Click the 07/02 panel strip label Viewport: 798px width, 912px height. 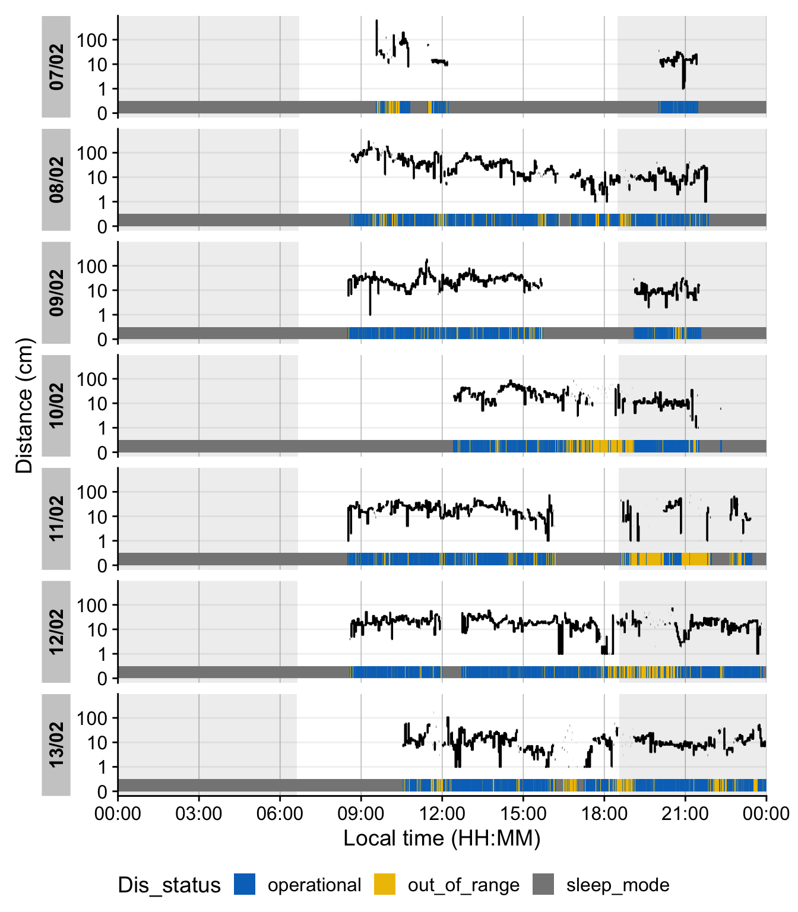pos(56,66)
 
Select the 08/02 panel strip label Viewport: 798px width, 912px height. pos(56,179)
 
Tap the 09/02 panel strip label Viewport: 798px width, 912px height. pos(56,293)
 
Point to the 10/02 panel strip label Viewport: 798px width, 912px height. pos(56,406)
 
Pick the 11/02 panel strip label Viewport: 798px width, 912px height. pos(56,518)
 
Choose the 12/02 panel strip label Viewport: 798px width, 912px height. pos(56,632)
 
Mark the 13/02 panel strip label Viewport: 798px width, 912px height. pos(56,745)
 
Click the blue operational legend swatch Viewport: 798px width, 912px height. pos(245,884)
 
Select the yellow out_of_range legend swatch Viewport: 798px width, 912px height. pos(385,884)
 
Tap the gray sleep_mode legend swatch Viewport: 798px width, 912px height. pos(543,884)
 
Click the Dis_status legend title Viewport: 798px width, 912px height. pos(169,885)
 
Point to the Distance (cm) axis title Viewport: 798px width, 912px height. pos(24,406)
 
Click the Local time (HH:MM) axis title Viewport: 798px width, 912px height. pos(442,838)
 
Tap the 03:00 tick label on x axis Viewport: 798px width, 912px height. pos(199,813)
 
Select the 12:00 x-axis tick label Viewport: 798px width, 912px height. pos(442,813)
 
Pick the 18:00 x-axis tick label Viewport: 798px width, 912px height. pos(604,813)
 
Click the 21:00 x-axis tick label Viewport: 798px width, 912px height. pos(685,813)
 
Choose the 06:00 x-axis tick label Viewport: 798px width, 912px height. pos(280,813)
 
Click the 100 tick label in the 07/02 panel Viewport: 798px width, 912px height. pos(92,40)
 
